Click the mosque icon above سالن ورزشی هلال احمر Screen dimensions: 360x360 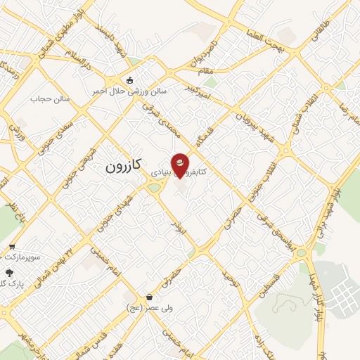(x=129, y=79)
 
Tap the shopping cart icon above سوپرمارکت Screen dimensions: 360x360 (x=12, y=246)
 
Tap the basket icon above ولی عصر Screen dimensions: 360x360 (x=150, y=297)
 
